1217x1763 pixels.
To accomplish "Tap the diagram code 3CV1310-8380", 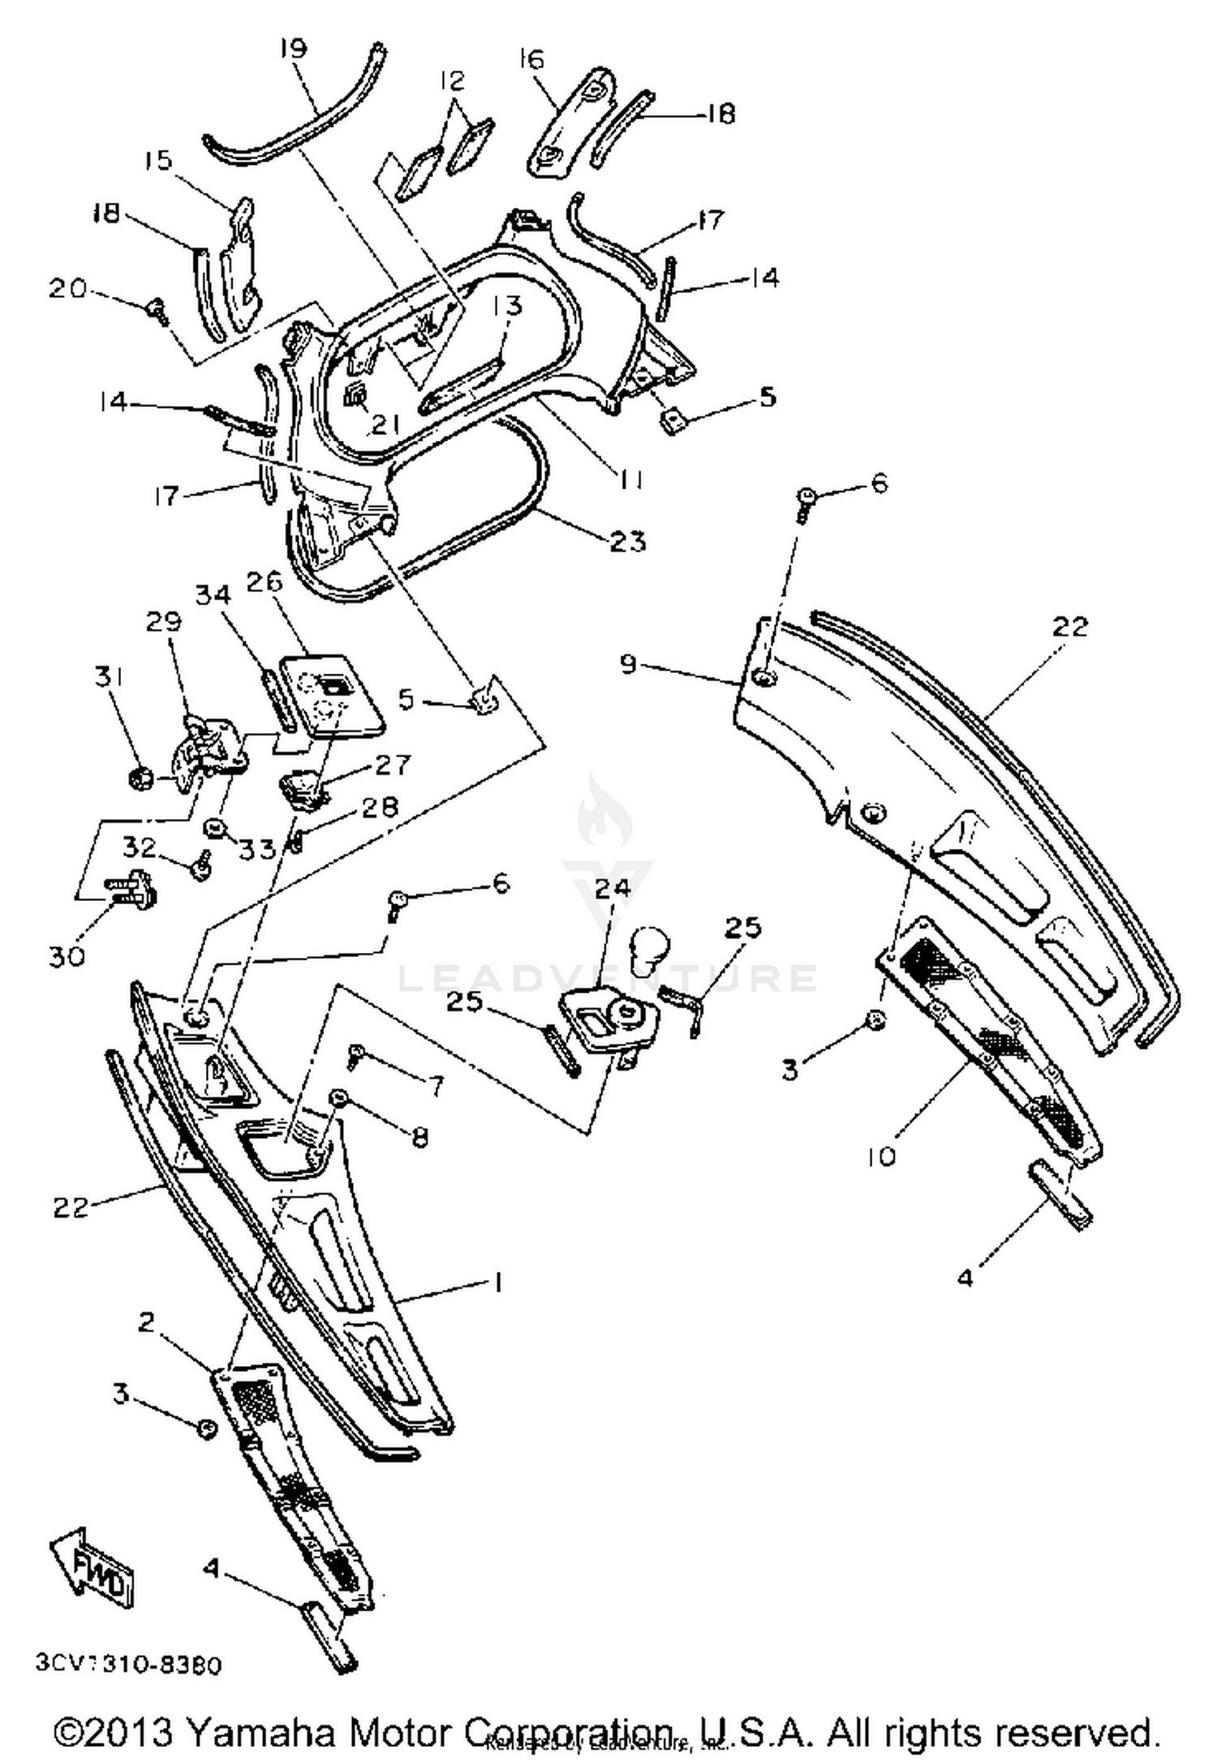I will (128, 1665).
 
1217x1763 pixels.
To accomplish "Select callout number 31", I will (109, 676).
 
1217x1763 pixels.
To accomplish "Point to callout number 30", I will (67, 957).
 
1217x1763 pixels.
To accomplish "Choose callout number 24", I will (613, 888).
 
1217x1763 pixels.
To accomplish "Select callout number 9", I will (629, 665).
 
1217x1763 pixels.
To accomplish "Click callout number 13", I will (507, 306).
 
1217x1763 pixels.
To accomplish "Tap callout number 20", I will (68, 288).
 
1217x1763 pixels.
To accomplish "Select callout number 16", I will (531, 59).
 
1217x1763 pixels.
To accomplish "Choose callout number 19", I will (293, 49).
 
